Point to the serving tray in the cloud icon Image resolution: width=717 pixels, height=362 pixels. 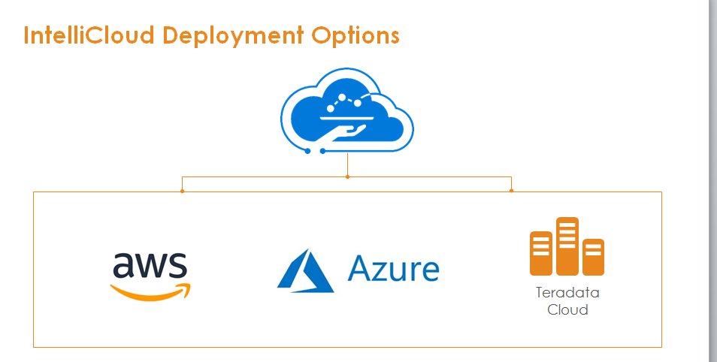[x=348, y=117]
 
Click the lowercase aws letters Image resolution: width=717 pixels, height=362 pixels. [x=150, y=267]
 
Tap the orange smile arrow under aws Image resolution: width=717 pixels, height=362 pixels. [x=151, y=290]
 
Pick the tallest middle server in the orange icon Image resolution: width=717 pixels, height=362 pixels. [x=567, y=246]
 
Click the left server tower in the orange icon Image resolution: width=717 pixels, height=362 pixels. [x=541, y=253]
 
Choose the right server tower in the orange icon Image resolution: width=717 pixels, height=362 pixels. [x=593, y=257]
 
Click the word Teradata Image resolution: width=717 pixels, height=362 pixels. [x=567, y=293]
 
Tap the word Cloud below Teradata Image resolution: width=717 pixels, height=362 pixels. [x=567, y=309]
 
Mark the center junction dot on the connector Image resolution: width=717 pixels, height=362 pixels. [x=347, y=177]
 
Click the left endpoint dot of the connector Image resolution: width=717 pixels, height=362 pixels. [x=183, y=191]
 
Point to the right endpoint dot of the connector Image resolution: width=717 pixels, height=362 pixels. [x=512, y=191]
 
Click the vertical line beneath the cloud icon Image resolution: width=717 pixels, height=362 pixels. [x=347, y=165]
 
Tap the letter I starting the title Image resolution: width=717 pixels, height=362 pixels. [x=27, y=36]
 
